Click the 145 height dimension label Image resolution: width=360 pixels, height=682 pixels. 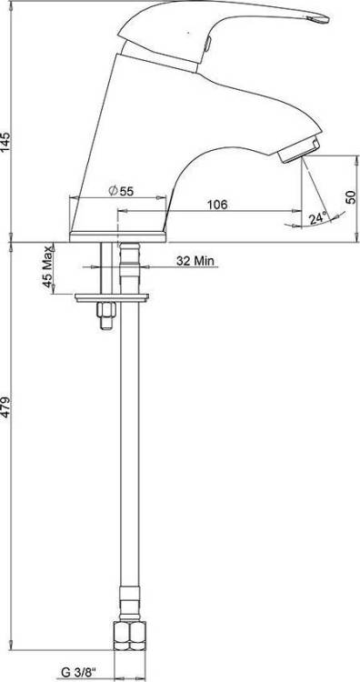point(5,140)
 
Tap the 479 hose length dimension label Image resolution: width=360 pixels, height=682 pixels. point(5,406)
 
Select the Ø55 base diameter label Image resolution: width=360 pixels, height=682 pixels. point(121,191)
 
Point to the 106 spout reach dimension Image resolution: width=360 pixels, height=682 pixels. point(217,204)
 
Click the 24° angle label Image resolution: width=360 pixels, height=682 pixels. point(318,218)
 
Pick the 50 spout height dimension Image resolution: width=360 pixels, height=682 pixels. point(350,196)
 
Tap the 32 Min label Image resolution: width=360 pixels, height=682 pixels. point(196,261)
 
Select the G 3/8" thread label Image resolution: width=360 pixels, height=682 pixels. point(78,672)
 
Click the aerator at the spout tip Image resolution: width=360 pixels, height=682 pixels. point(300,150)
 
